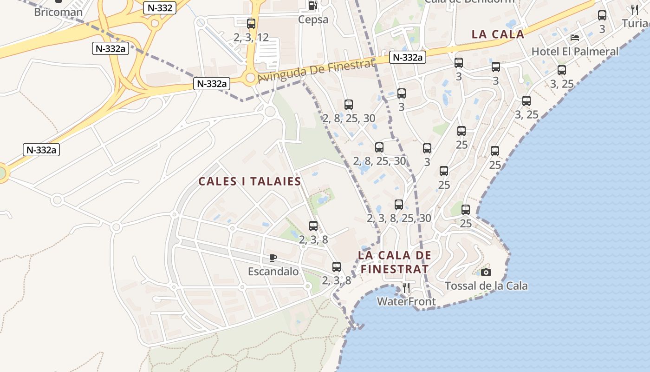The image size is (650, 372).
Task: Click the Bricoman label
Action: [x=58, y=12]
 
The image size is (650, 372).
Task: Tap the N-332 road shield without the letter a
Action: [x=159, y=7]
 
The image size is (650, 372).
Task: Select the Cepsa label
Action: [x=313, y=20]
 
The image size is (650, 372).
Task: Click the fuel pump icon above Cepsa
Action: [x=313, y=6]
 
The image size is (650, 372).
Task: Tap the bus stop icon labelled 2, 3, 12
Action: [x=251, y=24]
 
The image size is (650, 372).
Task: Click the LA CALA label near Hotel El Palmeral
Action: [x=498, y=34]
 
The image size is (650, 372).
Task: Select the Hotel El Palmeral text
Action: [x=575, y=52]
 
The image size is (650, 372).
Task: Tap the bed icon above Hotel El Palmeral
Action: [x=575, y=38]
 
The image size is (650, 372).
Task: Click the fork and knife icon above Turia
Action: [x=635, y=9]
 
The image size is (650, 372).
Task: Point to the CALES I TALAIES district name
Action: [x=250, y=181]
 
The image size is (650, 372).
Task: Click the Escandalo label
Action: [x=273, y=272]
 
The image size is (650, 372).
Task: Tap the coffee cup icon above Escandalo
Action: [x=273, y=258]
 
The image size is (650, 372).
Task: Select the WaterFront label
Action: [x=406, y=302]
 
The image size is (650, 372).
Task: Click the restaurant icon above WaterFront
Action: [x=406, y=288]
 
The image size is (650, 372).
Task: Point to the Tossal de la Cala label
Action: [x=486, y=286]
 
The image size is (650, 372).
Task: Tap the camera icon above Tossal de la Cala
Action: [x=486, y=272]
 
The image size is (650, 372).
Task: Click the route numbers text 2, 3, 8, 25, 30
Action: [x=399, y=218]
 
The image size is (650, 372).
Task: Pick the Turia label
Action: [x=636, y=23]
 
